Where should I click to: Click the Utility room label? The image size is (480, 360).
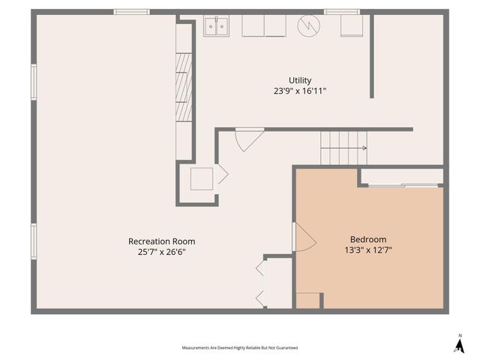pos(300,80)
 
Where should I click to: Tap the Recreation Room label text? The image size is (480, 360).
pos(162,241)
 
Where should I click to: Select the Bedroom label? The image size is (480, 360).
pos(368,239)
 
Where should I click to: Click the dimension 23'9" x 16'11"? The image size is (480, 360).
pos(300,91)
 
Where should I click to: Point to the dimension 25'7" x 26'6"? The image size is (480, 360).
pos(162,252)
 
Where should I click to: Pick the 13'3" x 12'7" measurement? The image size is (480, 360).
pos(368,250)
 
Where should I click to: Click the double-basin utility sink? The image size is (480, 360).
pos(216,27)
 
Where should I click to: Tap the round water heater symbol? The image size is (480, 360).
pos(308,25)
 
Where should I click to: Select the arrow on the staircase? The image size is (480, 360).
pos(344,148)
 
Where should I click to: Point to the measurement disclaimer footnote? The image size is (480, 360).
pos(240,348)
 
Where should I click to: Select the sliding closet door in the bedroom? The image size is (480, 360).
pos(403,185)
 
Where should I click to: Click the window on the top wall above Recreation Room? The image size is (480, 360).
pos(132,12)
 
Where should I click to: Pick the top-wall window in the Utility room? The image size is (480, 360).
pos(342,12)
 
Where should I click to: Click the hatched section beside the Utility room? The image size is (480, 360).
pos(184,87)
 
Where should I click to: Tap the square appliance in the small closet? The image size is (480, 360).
pos(202,178)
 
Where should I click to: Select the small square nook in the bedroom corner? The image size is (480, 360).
pos(307,301)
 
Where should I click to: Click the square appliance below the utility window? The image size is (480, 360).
pos(352,25)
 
